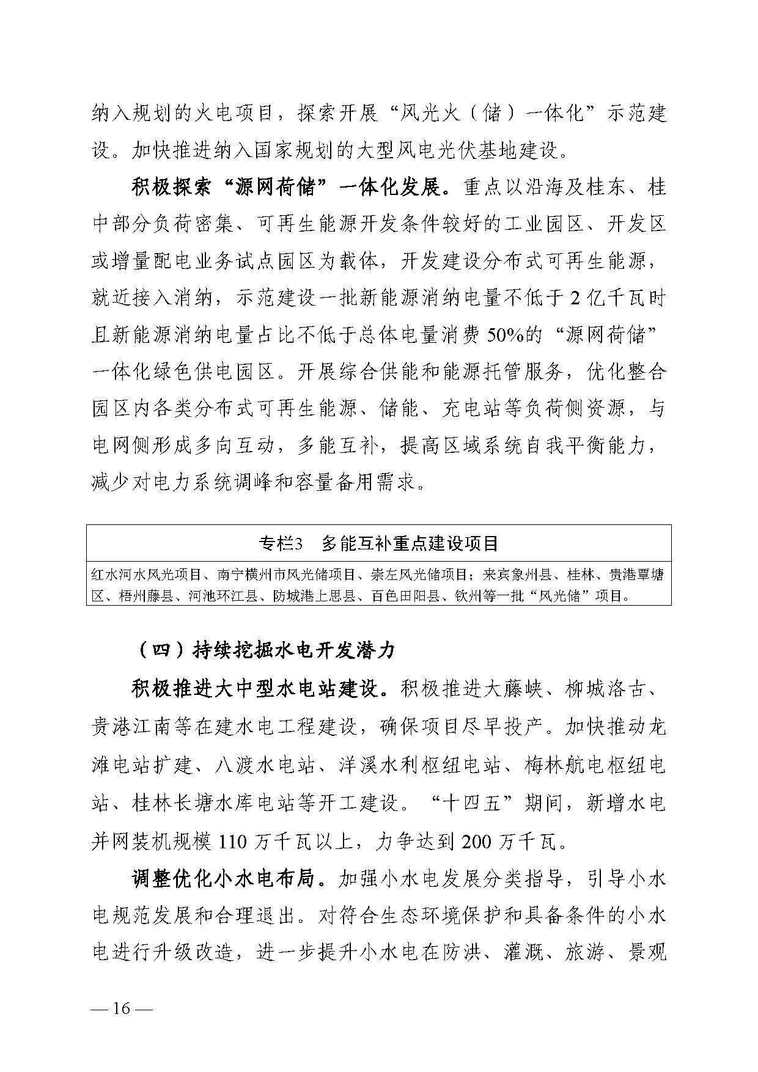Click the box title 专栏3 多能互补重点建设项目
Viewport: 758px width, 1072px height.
pos(378,543)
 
